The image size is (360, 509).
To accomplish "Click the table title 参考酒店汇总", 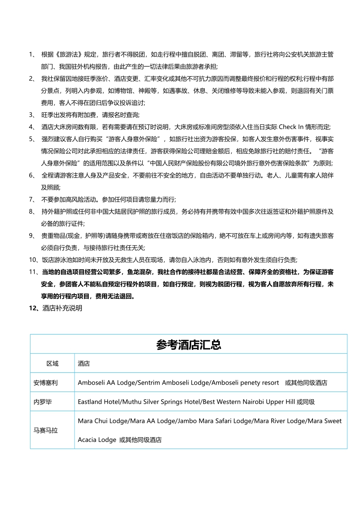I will [188, 345].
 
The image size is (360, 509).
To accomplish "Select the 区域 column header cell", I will [52, 364].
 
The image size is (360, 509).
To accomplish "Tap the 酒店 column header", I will [84, 364].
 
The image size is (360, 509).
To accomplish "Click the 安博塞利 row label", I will [46, 383].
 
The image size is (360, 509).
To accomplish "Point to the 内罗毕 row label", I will [43, 402].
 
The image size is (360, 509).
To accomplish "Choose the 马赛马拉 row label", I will [46, 430].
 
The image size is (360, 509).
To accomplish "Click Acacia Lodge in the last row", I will [97, 440].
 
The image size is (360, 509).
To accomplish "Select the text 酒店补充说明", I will [62, 308].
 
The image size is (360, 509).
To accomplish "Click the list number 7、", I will [32, 200].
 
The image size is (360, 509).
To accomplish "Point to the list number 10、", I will [34, 260].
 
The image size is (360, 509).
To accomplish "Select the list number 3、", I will [32, 115].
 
